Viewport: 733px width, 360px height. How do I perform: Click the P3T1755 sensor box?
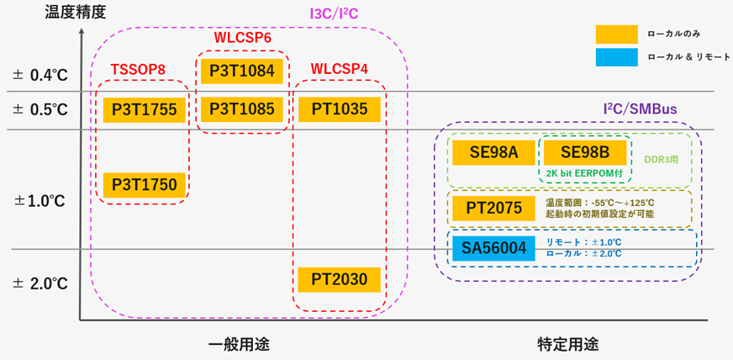[x=143, y=110]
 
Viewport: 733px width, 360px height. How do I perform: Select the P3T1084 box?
[x=241, y=71]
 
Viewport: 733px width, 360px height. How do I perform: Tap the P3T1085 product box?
[x=241, y=109]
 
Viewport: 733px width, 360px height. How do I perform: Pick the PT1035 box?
[x=339, y=109]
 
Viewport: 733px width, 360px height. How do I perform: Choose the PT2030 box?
[x=339, y=279]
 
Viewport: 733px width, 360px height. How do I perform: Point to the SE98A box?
[x=493, y=152]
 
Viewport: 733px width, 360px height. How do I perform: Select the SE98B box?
[x=584, y=152]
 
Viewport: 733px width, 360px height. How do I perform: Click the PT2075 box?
[x=493, y=207]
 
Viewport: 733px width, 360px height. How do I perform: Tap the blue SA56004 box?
[x=493, y=248]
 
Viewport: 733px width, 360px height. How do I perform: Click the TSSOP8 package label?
[x=138, y=68]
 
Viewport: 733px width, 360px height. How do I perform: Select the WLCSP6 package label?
[x=242, y=38]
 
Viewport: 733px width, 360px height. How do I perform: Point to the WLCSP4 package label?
[x=339, y=68]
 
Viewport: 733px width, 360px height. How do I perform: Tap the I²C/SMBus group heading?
[x=641, y=109]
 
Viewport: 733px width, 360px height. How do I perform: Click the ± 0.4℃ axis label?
[x=40, y=75]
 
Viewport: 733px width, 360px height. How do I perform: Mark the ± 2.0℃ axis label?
[x=40, y=283]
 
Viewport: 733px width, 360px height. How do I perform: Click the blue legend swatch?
[x=616, y=56]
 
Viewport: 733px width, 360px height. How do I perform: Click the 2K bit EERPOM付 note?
[x=584, y=173]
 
